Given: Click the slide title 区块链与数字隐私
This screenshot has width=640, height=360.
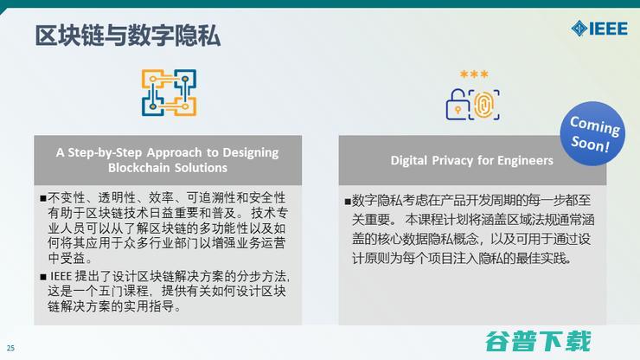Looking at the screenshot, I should coord(128,35).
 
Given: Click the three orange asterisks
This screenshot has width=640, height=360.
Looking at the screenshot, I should coord(473,75).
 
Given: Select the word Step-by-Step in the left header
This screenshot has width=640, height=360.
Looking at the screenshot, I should coord(90,151).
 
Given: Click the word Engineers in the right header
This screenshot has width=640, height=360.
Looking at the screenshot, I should coord(523,160).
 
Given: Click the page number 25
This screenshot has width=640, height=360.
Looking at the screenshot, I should coord(11,349).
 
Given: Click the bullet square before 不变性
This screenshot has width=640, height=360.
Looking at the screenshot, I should coord(42,197).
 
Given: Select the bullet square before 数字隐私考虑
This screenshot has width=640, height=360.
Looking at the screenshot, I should coord(348,201).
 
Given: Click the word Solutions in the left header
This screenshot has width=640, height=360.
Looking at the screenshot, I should coord(201,168).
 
